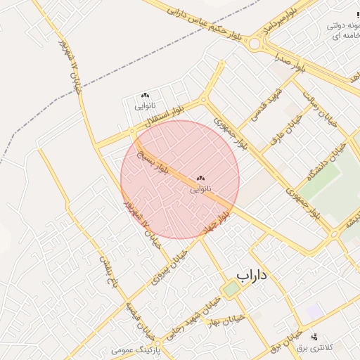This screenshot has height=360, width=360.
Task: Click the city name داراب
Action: point(252,275)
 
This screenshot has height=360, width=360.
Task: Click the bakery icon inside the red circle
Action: point(200,179)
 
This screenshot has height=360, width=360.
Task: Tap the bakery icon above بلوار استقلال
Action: point(145,96)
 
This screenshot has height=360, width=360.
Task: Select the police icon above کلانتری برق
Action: point(314,337)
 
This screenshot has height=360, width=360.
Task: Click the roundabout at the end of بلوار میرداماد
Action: point(254,44)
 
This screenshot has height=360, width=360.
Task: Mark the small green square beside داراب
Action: point(231,288)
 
